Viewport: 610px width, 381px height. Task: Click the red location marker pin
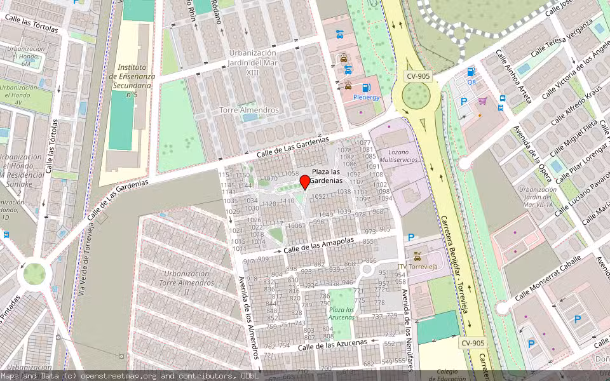[305, 182]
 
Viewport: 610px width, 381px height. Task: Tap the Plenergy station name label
[366, 97]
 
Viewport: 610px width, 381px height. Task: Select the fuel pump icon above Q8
[471, 72]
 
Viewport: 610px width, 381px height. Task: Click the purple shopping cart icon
[482, 100]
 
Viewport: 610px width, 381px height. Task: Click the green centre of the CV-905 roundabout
[416, 95]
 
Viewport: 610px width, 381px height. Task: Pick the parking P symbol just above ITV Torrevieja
[411, 237]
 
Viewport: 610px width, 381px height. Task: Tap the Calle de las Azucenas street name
[332, 345]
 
